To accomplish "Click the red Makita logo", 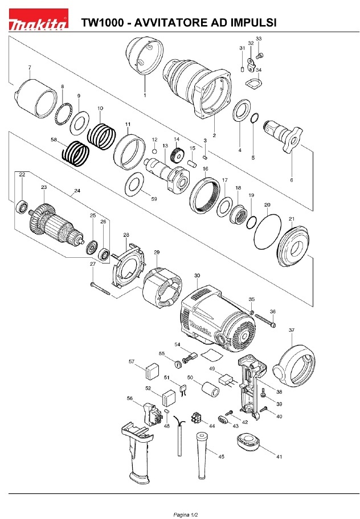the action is (x=38, y=19).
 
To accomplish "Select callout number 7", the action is (x=30, y=68).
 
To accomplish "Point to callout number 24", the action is (x=77, y=191).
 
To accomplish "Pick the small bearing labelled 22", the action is (x=22, y=207).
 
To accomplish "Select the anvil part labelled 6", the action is (x=283, y=135).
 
